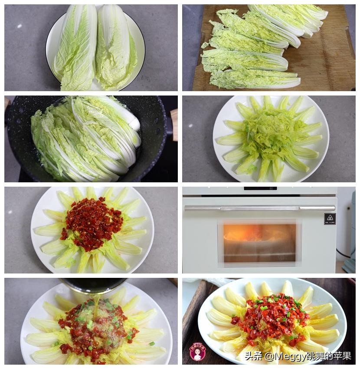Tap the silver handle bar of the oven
click(x=259, y=208)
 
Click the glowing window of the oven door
click(x=259, y=242)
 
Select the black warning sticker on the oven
click(x=330, y=219)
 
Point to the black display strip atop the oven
click(x=260, y=188)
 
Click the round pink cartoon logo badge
click(x=198, y=352)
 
